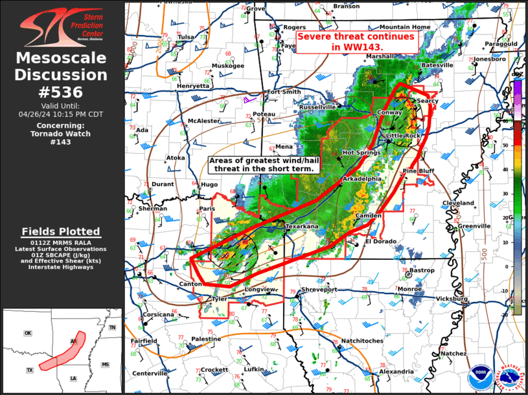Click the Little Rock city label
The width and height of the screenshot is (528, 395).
click(x=404, y=135)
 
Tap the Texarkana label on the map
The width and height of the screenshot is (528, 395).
click(x=303, y=227)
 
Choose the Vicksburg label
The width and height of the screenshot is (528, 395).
click(x=452, y=299)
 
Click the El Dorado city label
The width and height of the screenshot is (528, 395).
click(x=380, y=241)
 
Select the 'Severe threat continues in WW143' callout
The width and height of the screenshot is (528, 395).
click(x=355, y=42)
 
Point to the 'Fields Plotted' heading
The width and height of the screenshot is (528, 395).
click(x=62, y=231)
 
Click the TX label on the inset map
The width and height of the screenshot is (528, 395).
click(x=30, y=370)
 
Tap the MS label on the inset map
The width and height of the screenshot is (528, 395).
click(x=105, y=365)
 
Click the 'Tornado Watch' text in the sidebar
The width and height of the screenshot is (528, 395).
click(x=62, y=134)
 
